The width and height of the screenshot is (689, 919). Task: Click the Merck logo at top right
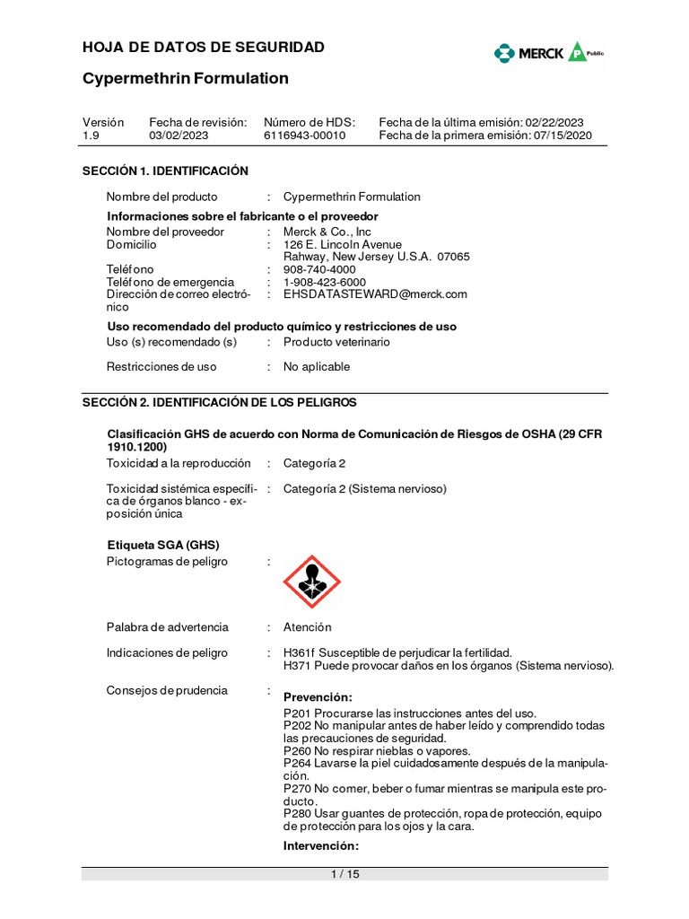coord(548,53)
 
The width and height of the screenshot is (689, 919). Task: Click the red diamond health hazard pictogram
coord(311,582)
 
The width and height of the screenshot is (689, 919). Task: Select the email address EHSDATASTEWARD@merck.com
coord(375,294)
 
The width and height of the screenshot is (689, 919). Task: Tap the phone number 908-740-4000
coord(319,269)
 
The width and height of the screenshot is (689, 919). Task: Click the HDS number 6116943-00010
coord(304,136)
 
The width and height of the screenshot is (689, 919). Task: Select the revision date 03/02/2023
coord(179,136)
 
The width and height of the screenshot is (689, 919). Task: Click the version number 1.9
coord(91,136)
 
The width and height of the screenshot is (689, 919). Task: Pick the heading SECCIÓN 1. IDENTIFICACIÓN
coord(165,171)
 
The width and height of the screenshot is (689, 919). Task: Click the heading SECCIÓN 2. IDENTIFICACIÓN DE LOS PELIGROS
coord(219,402)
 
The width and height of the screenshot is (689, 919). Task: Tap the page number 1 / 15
coord(344,874)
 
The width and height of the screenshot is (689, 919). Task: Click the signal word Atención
coord(307,627)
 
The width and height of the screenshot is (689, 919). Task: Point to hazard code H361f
coord(301,652)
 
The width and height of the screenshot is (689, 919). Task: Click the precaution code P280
coord(298,814)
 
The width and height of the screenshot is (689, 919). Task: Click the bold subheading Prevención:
coord(318,697)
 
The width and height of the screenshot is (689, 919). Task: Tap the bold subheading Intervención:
coord(321,846)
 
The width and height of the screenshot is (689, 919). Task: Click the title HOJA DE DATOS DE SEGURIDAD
coord(204,48)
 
